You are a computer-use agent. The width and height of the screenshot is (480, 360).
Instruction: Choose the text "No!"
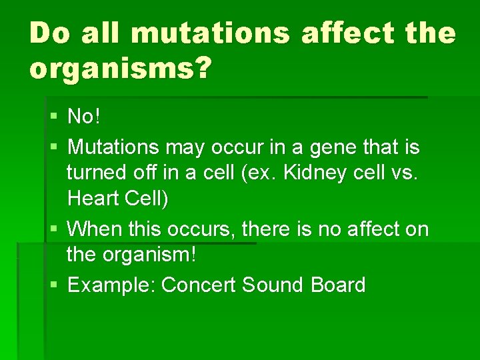(84, 117)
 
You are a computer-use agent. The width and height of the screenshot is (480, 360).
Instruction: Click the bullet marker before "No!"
(54, 117)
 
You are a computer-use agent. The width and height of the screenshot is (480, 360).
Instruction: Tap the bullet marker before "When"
(54, 229)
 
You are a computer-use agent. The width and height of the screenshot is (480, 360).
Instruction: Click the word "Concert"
(199, 285)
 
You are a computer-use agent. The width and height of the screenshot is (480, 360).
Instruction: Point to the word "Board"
(338, 285)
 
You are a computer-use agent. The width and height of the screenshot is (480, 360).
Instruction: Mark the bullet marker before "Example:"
(54, 285)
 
